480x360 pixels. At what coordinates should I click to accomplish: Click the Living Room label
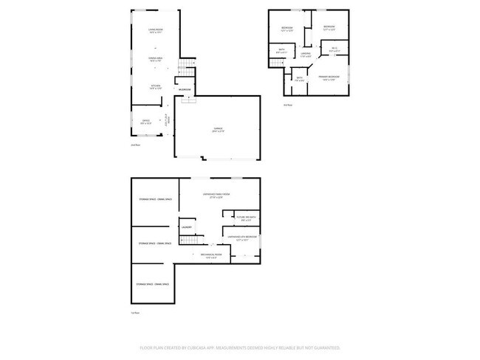point(155,30)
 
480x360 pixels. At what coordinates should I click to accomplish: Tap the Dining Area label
point(155,60)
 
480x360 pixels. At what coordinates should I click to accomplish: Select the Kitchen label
point(156,86)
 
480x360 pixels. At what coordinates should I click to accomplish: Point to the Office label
point(146,122)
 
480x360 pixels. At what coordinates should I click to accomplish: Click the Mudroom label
point(185,90)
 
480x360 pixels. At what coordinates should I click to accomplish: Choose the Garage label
point(219,130)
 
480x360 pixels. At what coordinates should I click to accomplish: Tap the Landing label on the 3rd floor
point(306,54)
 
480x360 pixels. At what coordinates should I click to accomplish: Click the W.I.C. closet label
point(334,50)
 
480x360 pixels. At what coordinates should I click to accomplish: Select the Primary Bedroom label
point(329,78)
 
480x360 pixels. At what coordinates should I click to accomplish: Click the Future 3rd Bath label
point(246,218)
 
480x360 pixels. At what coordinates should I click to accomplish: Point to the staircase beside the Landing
point(276,63)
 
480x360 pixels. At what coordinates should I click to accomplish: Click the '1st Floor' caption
point(135,313)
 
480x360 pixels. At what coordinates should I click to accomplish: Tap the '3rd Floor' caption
point(287,105)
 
